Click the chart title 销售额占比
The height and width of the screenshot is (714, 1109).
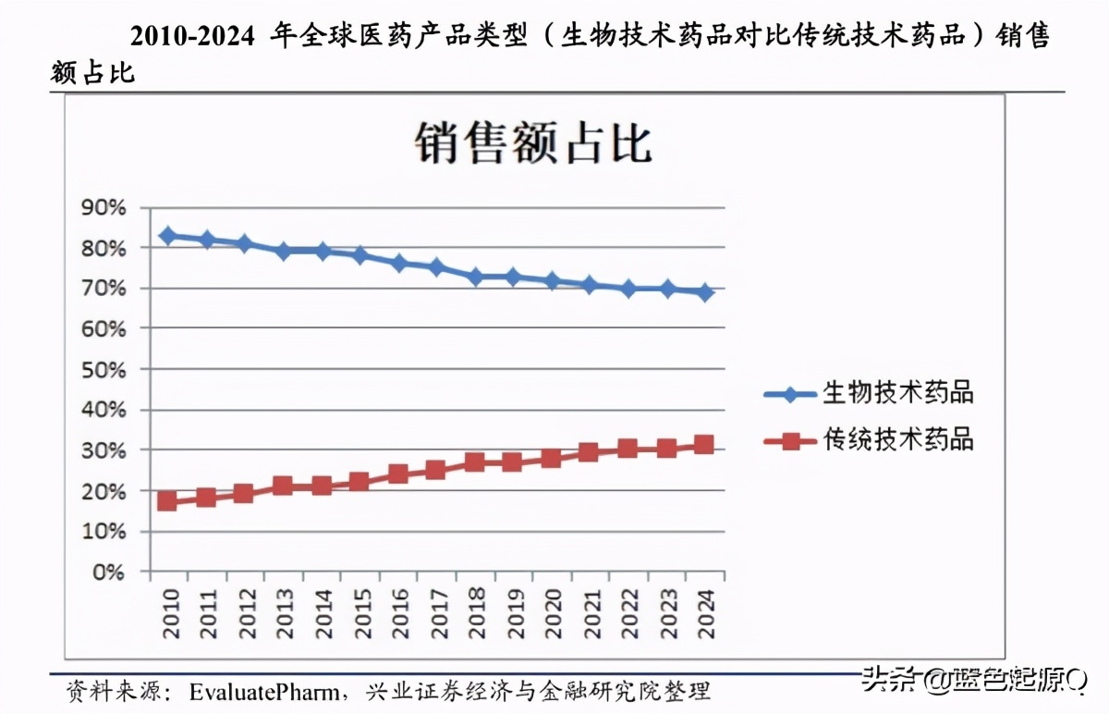(534, 144)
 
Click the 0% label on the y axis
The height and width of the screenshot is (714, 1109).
(108, 572)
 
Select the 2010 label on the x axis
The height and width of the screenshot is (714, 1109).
(169, 612)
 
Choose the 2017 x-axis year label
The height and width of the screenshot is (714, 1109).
(437, 612)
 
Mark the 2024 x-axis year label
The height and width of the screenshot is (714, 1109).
(705, 612)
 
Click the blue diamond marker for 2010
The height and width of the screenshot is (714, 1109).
(167, 236)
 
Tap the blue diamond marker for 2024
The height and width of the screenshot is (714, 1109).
(705, 292)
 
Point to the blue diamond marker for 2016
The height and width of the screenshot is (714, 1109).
(398, 263)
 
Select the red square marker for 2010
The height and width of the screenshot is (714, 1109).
(167, 501)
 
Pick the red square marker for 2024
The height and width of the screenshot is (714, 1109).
(704, 445)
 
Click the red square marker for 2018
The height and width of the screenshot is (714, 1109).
(475, 462)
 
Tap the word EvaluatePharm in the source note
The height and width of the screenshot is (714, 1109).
(267, 692)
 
